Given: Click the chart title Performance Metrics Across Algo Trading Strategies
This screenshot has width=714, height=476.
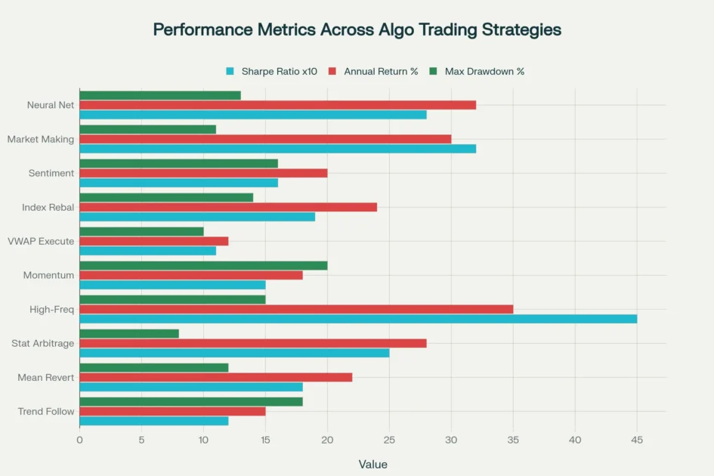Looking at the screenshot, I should [x=357, y=30].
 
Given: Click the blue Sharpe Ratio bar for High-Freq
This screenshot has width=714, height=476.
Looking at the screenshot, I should [x=358, y=319].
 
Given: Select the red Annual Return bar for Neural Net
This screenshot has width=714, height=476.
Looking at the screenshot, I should [x=277, y=105].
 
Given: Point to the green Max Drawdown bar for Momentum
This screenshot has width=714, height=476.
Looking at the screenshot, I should [x=203, y=265].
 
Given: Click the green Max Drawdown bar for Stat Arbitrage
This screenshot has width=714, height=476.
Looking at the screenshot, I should [x=129, y=333].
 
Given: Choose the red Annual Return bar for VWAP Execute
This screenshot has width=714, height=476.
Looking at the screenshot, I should [x=153, y=241].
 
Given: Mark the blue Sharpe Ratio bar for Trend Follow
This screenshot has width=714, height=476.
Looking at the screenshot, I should [x=153, y=421].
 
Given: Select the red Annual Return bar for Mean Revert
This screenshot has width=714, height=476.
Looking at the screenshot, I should [x=215, y=377].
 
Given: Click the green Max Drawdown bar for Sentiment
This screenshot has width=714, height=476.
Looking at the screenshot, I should [x=178, y=163].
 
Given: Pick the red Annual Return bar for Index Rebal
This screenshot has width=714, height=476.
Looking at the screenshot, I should [x=227, y=207].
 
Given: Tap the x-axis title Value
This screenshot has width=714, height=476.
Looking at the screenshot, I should [x=372, y=464].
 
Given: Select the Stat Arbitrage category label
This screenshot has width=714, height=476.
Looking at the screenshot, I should [x=42, y=344].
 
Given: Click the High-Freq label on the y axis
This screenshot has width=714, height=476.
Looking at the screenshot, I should [x=51, y=310].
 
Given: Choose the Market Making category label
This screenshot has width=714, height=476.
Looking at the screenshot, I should [x=41, y=139].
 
